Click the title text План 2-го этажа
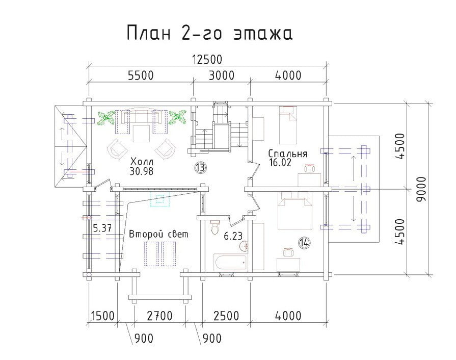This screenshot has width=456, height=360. tap(209, 32)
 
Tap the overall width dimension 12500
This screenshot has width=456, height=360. tap(207, 59)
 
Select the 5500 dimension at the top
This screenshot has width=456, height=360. tap(141, 75)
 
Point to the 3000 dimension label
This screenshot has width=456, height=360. tap(221, 75)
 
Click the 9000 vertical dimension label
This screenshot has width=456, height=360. tap(421, 189)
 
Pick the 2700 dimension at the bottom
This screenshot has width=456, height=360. tap(159, 316)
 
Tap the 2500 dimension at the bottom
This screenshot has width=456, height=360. tap(226, 316)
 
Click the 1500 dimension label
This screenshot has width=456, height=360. tap(102, 316)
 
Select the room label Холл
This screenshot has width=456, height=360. tap(142, 162)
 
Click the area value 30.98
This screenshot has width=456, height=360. tap(141, 171)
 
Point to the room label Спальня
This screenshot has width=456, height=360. tap(288, 153)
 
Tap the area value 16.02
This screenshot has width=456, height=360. tap(280, 162)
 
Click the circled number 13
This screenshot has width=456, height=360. tap(200, 167)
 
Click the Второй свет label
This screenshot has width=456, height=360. tap(158, 234)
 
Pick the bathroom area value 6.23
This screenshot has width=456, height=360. tap(233, 236)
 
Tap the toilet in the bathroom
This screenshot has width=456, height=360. tap(215, 227)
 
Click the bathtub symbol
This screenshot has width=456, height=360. tap(231, 262)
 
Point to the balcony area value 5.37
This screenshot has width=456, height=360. tap(102, 227)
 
